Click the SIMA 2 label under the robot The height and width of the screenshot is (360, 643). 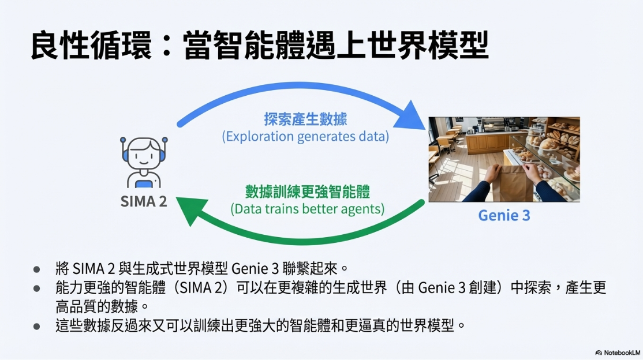pos(144,201)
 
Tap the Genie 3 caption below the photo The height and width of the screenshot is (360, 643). pos(504,215)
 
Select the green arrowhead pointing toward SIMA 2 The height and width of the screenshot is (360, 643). pos(192,209)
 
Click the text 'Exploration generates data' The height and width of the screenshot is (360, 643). pos(305,136)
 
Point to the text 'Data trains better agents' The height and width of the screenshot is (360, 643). pos(308,209)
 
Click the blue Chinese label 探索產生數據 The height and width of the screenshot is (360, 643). pos(305,119)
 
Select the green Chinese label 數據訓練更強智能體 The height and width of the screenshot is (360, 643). pos(308,192)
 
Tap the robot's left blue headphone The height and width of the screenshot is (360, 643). pos(125,155)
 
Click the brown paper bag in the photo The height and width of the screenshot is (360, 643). pos(511,182)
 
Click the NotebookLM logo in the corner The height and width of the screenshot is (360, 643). pos(618,352)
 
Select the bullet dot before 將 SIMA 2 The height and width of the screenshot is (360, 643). pos(37,269)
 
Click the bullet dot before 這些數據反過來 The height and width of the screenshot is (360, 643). pos(37,327)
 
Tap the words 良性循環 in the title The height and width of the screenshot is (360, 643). pos(91,45)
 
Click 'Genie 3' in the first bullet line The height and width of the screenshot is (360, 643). pos(255,269)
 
